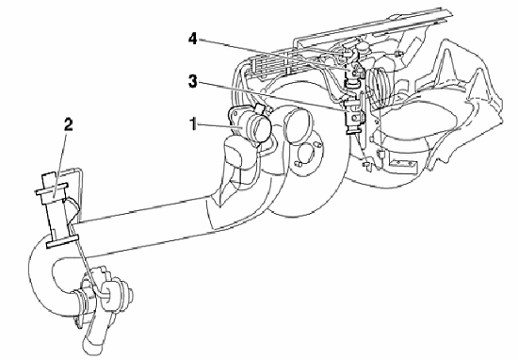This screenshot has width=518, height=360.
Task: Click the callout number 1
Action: click(x=193, y=125)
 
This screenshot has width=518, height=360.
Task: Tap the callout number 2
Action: click(x=68, y=125)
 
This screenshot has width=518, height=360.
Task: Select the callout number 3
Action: click(x=192, y=81)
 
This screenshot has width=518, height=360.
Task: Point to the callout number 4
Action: click(x=192, y=39)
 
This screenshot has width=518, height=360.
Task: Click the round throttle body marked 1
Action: click(x=251, y=125)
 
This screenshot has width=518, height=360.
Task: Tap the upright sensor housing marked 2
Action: click(x=57, y=208)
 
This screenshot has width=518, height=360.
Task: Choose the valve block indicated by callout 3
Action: click(x=354, y=116)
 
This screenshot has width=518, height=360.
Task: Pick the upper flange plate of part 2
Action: click(x=52, y=188)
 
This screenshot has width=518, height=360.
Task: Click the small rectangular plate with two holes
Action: click(x=402, y=163)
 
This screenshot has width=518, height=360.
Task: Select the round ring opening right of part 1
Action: click(x=299, y=126)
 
